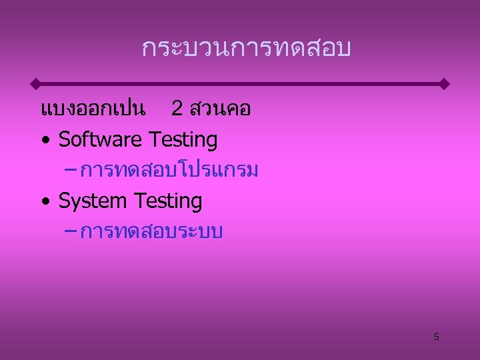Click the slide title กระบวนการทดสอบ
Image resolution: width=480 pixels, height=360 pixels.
(246, 49)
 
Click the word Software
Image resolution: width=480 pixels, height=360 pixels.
(100, 140)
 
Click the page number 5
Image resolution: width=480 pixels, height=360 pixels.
(437, 337)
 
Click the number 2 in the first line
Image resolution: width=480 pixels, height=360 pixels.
(177, 109)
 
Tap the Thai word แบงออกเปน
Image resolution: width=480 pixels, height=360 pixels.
(93, 109)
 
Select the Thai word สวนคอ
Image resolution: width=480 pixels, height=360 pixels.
(220, 109)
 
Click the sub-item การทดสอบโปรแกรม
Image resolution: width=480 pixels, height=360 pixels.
(169, 171)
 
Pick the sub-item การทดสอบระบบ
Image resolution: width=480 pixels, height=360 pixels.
(151, 231)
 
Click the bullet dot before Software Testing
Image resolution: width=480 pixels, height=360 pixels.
(45, 141)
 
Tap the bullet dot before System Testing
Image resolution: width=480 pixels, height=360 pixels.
(45, 202)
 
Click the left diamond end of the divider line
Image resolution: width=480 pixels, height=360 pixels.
(35, 84)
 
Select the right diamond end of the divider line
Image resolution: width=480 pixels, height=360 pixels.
(445, 84)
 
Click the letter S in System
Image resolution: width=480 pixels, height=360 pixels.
(64, 201)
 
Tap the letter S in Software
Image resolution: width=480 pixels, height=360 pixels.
(64, 140)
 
